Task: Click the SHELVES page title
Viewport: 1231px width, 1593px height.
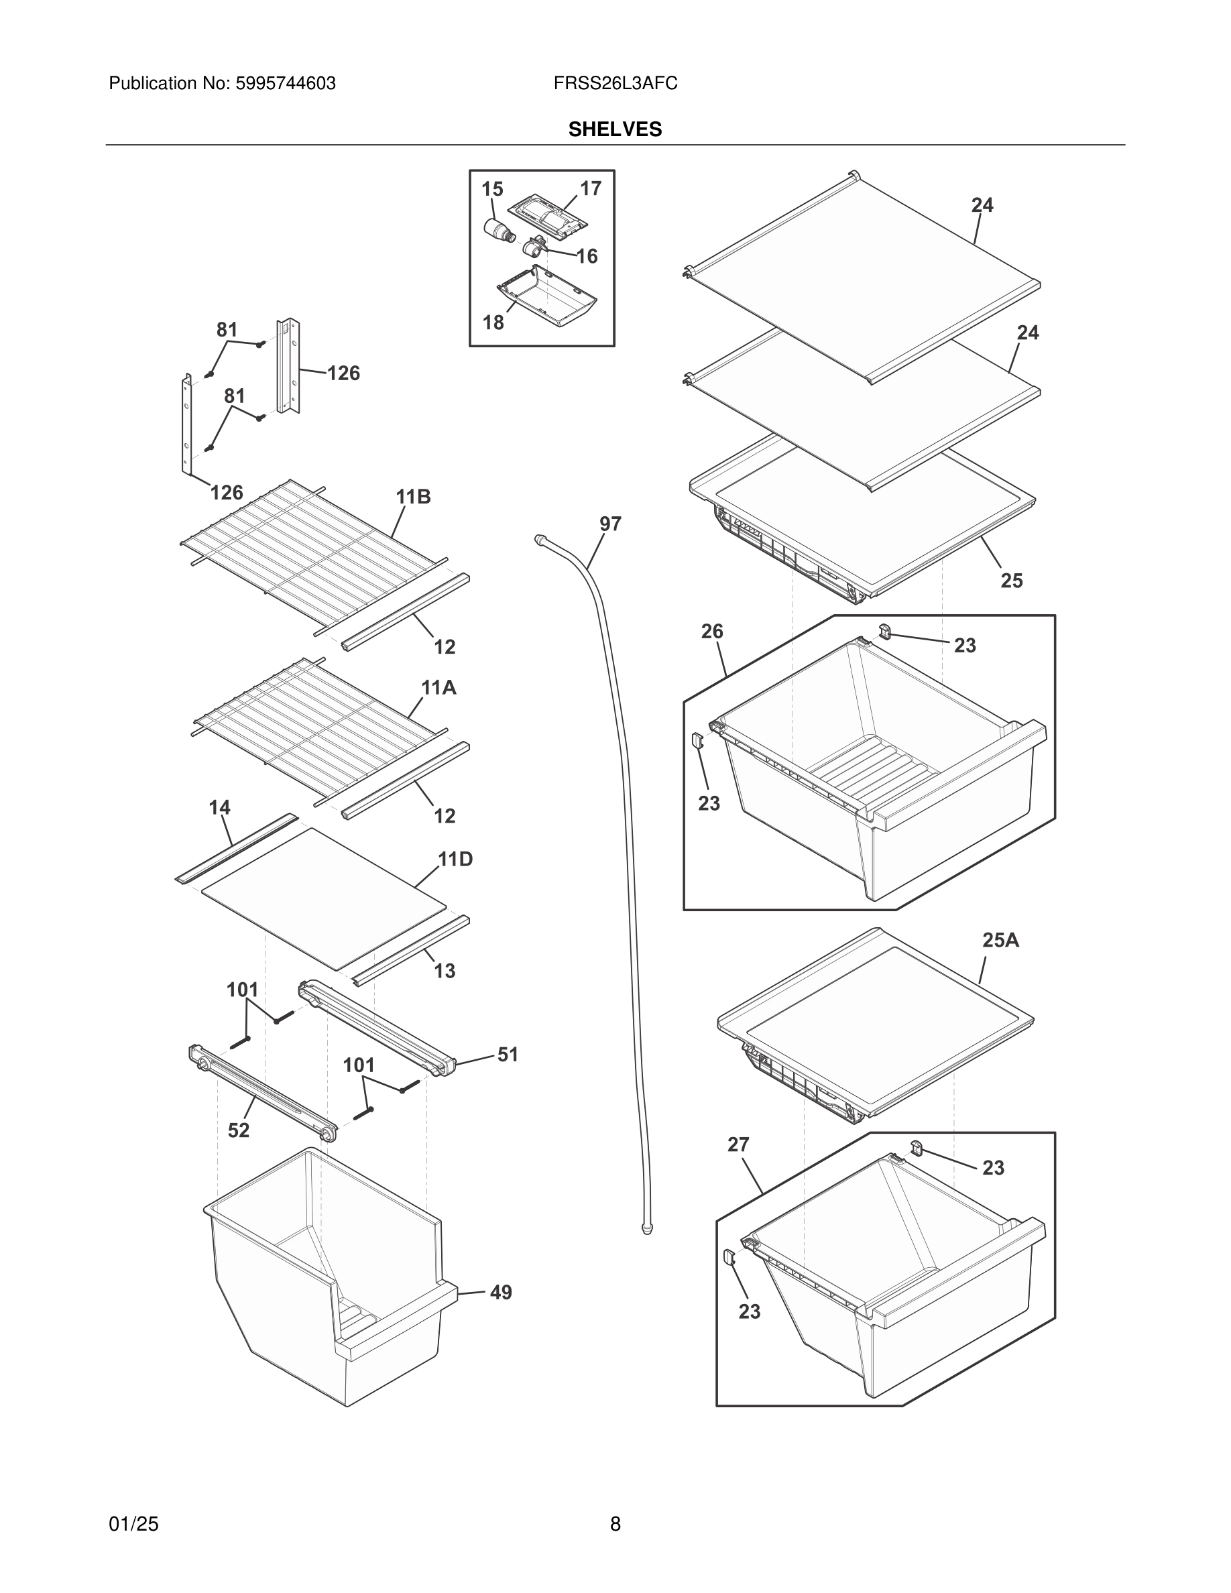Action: [x=615, y=129]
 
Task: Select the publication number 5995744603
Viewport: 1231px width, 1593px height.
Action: [x=284, y=84]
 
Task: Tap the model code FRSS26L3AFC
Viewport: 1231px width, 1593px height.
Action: [x=615, y=84]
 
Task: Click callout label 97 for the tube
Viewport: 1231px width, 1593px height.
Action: [x=609, y=524]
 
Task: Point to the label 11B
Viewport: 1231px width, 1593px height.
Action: [x=413, y=497]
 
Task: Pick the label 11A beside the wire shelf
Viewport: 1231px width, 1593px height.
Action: [x=438, y=687]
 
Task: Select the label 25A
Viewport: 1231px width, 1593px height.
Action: [x=1000, y=940]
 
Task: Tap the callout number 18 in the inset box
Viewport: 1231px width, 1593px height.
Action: [x=493, y=322]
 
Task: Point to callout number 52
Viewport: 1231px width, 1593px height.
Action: [x=239, y=1130]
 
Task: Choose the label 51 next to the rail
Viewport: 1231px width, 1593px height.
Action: [x=508, y=1055]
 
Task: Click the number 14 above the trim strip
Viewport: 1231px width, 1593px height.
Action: [x=219, y=807]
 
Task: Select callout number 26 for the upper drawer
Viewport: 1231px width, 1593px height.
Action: [x=712, y=632]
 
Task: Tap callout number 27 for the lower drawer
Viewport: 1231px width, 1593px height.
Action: [x=738, y=1145]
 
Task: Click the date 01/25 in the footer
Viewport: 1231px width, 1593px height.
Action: [x=133, y=1525]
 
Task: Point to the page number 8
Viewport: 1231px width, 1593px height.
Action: [x=615, y=1525]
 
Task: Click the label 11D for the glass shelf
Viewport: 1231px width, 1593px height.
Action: [x=455, y=860]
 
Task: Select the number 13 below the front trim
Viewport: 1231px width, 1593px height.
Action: [x=444, y=971]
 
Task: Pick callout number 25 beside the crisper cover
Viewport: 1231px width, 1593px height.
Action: [x=1011, y=581]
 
